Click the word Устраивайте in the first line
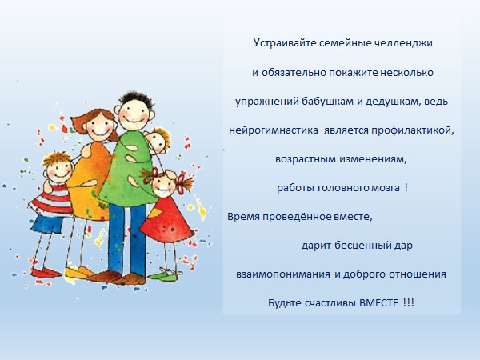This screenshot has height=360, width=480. tap(284, 43)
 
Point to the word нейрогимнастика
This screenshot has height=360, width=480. tap(274, 130)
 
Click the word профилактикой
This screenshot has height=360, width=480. tap(413, 130)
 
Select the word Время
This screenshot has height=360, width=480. tap(243, 217)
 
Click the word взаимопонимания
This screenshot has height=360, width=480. tap(283, 274)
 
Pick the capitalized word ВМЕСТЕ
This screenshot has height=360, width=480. tap(378, 303)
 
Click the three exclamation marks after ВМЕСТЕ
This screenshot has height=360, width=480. tap(408, 303)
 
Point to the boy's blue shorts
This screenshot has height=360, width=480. tap(47, 224)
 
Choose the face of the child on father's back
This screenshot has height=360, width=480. tap(158, 142)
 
